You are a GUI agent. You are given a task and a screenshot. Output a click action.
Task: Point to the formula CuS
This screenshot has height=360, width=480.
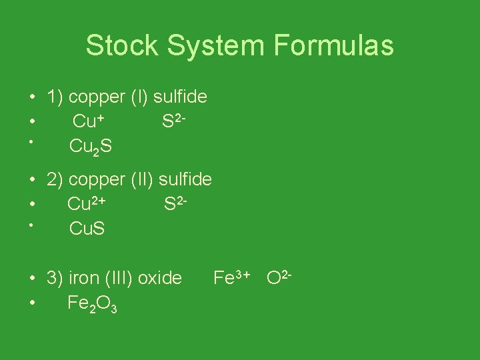[87, 229]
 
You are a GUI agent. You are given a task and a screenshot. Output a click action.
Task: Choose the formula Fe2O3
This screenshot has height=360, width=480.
[93, 304]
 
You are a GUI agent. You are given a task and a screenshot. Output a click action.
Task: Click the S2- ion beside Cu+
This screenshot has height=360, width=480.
[174, 121]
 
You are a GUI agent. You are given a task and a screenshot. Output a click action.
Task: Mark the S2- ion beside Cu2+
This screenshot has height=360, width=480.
[177, 203]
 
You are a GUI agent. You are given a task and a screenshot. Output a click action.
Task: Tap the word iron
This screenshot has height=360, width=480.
[82, 278]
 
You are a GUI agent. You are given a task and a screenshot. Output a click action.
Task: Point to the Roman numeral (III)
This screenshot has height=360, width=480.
[115, 278]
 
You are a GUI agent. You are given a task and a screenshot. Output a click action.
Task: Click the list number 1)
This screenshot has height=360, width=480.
[55, 97]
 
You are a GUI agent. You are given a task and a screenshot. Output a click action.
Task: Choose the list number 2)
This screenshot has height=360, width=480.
[55, 179]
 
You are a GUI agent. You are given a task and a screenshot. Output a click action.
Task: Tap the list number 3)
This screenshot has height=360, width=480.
[55, 278]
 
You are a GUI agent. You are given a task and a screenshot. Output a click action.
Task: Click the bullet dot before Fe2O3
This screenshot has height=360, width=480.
[31, 303]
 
